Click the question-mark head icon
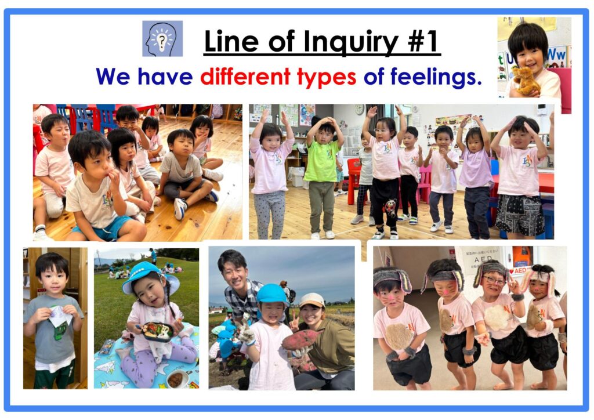click(162, 39)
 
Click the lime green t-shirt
click(321, 161)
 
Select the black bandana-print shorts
click(520, 215)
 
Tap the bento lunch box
click(157, 331)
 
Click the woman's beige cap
click(312, 300)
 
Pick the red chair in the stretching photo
click(354, 181)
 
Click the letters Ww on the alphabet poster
click(556, 55)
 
